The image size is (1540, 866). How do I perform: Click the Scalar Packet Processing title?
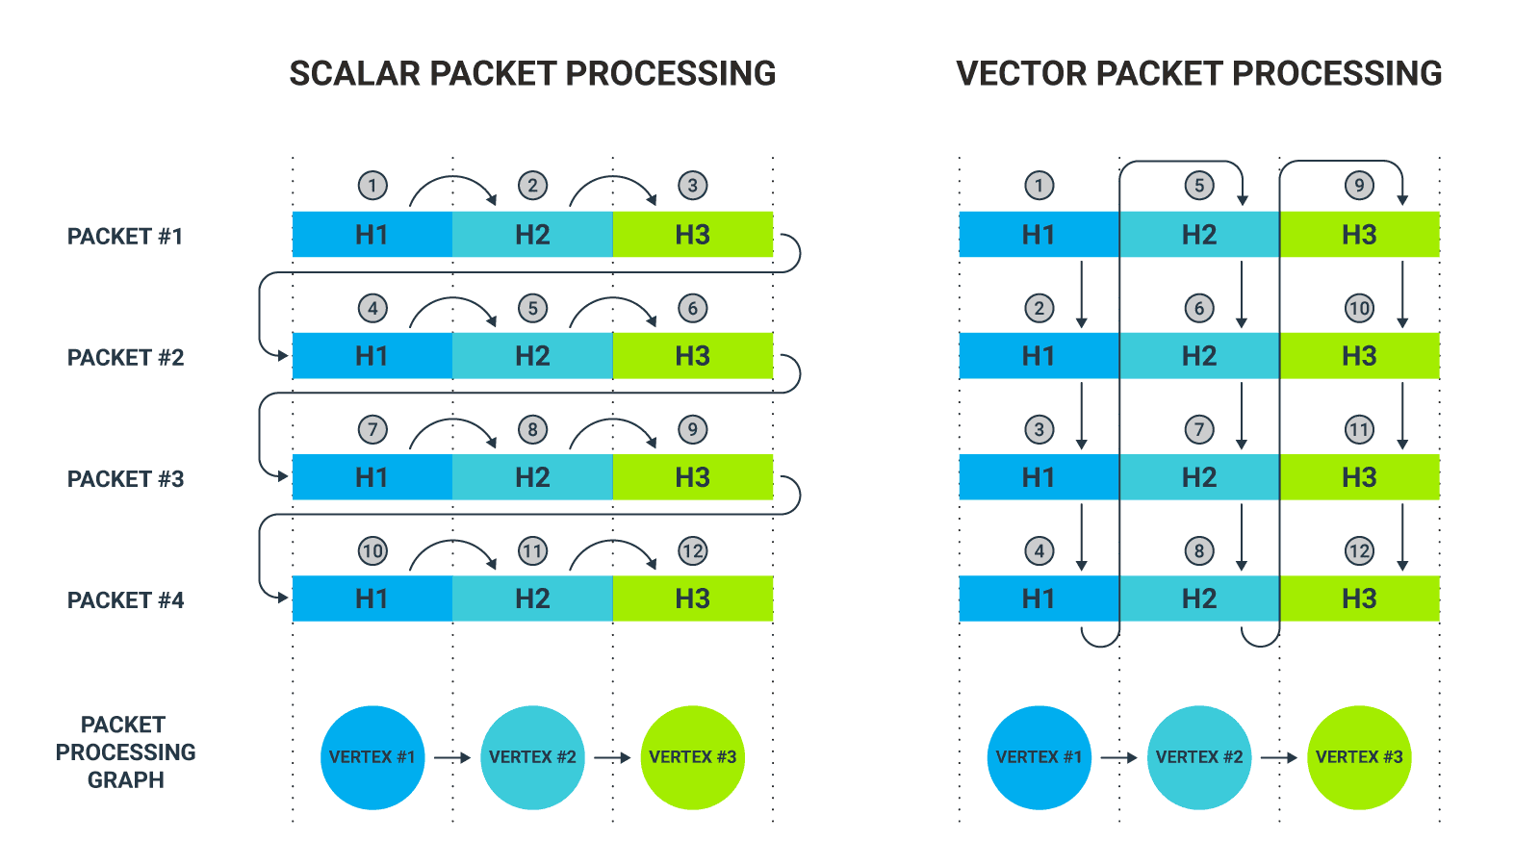pyautogui.click(x=532, y=74)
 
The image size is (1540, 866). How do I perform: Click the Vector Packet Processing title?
pyautogui.click(x=1198, y=74)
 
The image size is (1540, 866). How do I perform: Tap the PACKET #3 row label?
pyautogui.click(x=125, y=479)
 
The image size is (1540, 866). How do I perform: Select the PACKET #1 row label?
pyautogui.click(x=125, y=237)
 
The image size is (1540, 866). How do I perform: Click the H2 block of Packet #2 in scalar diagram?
pyautogui.click(x=532, y=356)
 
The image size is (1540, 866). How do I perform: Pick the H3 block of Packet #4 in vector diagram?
pyautogui.click(x=1359, y=599)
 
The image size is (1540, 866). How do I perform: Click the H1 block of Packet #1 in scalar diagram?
pyautogui.click(x=372, y=235)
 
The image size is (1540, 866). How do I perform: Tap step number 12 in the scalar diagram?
pyautogui.click(x=692, y=551)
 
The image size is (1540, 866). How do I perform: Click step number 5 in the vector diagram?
pyautogui.click(x=1198, y=186)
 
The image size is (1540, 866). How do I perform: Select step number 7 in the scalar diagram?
pyautogui.click(x=372, y=430)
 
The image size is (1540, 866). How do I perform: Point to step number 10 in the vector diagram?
pyautogui.click(x=1358, y=309)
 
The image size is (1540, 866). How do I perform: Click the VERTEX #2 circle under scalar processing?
pyautogui.click(x=532, y=757)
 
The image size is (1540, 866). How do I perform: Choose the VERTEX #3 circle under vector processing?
pyautogui.click(x=1359, y=757)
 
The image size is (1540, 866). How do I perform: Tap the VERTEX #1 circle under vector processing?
pyautogui.click(x=1039, y=757)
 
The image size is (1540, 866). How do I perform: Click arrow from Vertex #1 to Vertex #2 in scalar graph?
pyautogui.click(x=451, y=757)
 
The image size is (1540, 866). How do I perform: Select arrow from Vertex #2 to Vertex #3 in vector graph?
pyautogui.click(x=1279, y=757)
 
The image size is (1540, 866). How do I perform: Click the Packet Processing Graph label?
pyautogui.click(x=125, y=752)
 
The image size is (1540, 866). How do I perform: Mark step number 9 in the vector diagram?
pyautogui.click(x=1358, y=186)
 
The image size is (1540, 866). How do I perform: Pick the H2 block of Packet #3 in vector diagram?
pyautogui.click(x=1198, y=477)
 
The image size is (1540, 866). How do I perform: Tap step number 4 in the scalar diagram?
pyautogui.click(x=372, y=309)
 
